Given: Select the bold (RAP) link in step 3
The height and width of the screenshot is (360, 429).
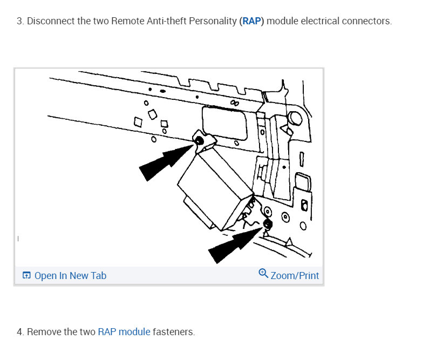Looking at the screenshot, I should pos(251,22).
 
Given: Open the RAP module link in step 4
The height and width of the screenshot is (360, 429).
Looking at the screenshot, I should pos(124,332).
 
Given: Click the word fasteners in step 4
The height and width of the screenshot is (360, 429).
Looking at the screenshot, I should pos(173,332).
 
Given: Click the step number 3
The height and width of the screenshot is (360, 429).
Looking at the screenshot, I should pos(19,22).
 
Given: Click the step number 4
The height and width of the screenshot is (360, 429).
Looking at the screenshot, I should pos(19,332).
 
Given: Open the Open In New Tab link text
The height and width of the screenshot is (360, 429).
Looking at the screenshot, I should pos(70,276).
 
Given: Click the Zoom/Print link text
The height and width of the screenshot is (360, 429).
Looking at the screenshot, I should pos(295,276).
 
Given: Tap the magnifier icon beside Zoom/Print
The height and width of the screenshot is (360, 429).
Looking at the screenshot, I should pos(263,274).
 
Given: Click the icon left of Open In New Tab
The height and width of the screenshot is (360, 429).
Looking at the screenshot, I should pos(26,276).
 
